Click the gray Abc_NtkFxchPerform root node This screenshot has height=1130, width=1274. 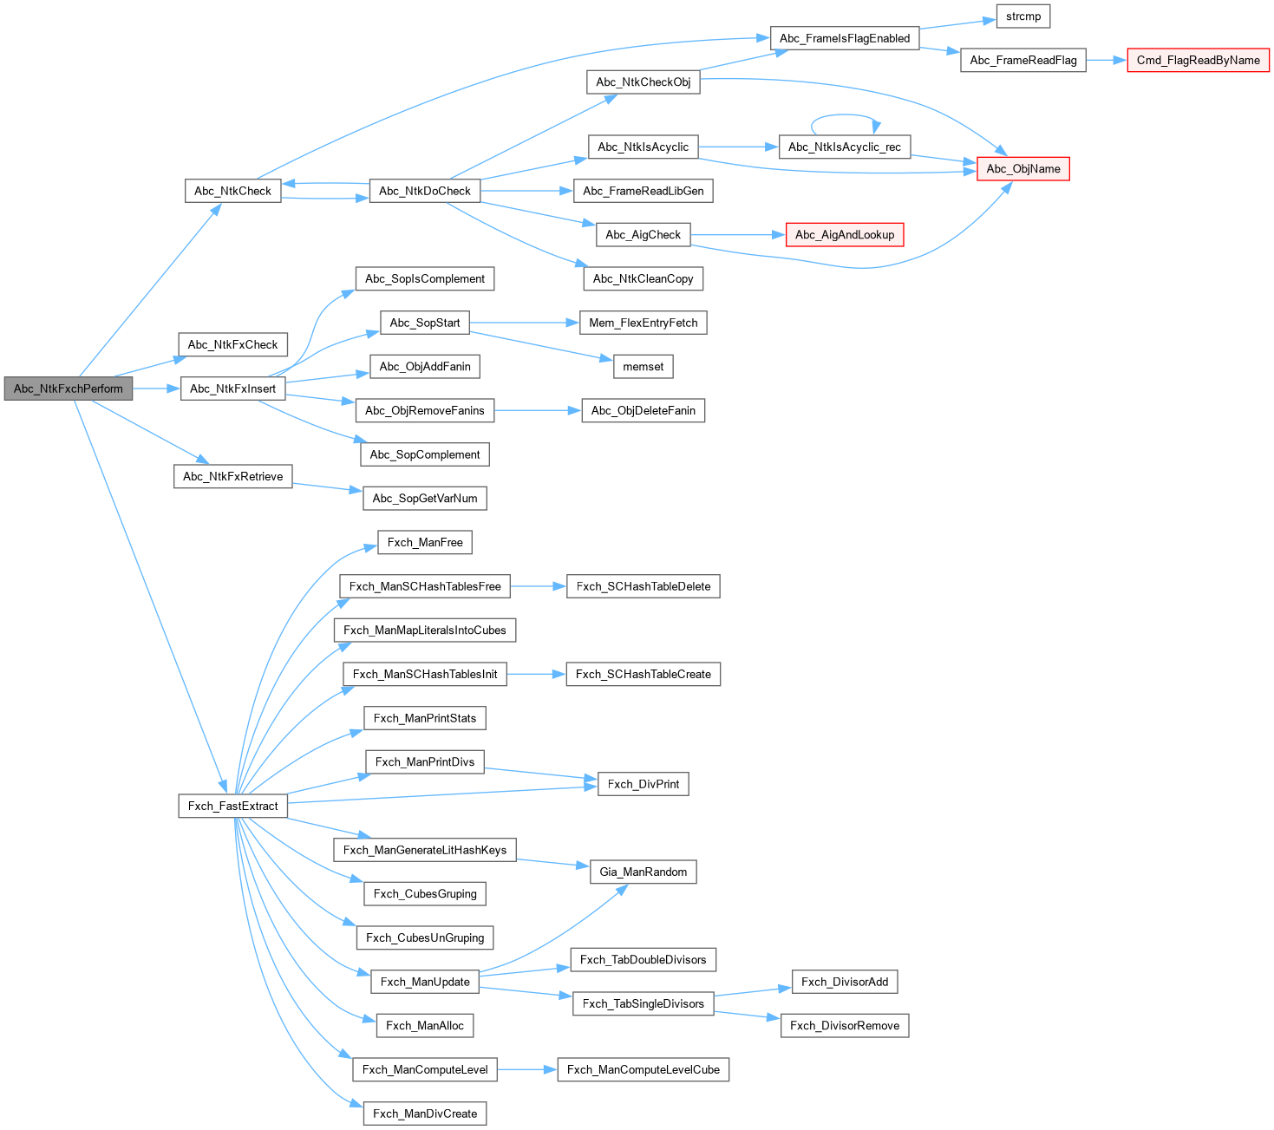69,389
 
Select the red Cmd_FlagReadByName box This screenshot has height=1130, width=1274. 1198,60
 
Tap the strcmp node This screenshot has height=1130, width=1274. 1023,16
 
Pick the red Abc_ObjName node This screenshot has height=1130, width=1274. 1023,169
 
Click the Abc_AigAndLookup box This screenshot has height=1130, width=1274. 844,235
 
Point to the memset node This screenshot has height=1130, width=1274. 643,367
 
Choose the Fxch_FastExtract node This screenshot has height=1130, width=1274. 232,806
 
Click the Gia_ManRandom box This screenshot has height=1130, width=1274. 643,872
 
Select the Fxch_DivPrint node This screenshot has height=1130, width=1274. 643,784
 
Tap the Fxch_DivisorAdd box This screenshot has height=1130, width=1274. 844,982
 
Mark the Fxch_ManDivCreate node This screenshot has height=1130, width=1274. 424,1114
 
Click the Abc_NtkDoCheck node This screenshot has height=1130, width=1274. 424,191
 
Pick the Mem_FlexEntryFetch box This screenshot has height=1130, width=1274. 643,323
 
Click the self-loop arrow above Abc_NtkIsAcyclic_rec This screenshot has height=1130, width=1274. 846,115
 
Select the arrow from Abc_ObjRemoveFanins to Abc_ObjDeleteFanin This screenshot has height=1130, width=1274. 538,410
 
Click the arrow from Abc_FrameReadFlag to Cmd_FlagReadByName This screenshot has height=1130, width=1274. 1106,60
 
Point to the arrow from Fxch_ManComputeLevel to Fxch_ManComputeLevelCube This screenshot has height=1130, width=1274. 526,1069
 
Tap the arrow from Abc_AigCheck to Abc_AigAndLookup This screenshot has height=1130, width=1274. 737,235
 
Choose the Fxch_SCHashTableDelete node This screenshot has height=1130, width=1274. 643,586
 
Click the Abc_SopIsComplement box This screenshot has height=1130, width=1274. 424,279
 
